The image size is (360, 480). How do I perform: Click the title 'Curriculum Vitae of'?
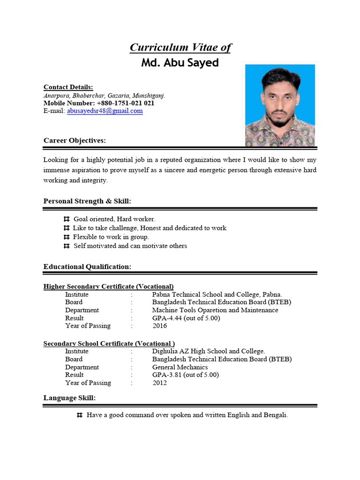(x=180, y=47)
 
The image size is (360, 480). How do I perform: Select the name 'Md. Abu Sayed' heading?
(x=180, y=63)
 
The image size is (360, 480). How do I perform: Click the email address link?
(x=105, y=111)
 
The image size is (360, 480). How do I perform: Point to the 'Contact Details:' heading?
(x=68, y=87)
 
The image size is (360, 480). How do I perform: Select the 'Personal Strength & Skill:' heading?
(x=87, y=201)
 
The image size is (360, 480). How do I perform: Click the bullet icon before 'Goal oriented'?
(x=66, y=219)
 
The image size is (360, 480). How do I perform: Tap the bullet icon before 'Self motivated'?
(x=66, y=246)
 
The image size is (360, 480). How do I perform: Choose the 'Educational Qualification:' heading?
(x=87, y=267)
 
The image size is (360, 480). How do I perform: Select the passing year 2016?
(x=159, y=326)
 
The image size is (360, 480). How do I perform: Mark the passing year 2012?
(x=159, y=383)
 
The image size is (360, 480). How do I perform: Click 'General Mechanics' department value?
(x=180, y=367)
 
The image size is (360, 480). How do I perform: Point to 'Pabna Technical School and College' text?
(x=206, y=294)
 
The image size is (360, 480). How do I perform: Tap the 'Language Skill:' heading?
(x=69, y=398)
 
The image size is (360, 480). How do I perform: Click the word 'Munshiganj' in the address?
(x=149, y=95)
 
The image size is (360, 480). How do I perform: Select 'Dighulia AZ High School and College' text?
(x=208, y=351)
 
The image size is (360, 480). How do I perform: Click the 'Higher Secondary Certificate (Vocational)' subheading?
(x=108, y=286)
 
